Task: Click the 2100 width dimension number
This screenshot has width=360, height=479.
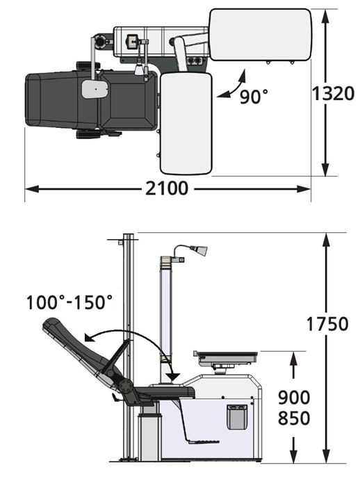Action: point(166,188)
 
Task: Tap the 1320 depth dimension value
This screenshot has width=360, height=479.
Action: point(333,93)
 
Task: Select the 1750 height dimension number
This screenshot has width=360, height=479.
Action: point(327,324)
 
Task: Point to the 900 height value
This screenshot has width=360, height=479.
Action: point(294,398)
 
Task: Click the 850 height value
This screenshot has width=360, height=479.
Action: point(294,419)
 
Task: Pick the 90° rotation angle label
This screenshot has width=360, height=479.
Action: point(254,96)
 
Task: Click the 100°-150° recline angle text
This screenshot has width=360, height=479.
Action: point(69,302)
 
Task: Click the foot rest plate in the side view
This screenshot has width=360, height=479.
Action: point(203,441)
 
